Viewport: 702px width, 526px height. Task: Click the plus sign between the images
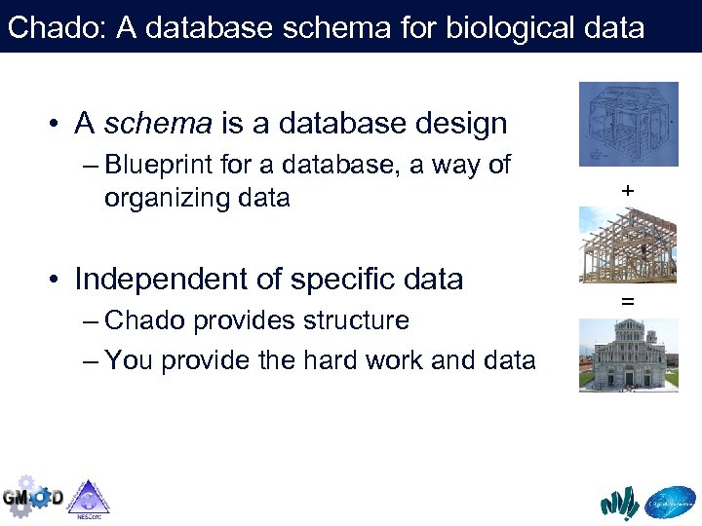628,192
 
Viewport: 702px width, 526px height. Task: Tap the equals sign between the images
628,303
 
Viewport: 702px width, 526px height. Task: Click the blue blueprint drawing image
628,124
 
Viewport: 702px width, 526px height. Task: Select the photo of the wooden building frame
628,244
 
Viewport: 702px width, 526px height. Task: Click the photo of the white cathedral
628,356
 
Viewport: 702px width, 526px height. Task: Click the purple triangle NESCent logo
89,497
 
